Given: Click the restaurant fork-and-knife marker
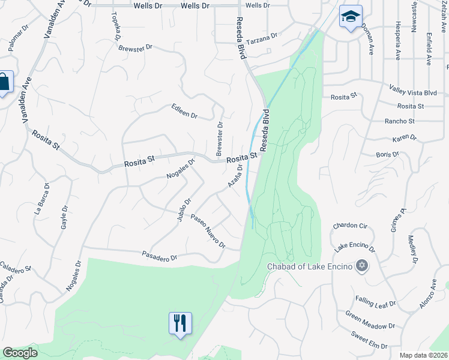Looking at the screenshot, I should point(180,323).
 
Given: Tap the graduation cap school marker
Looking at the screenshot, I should point(351,17).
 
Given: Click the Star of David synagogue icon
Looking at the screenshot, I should point(361,265).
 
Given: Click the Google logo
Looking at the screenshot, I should point(20,353).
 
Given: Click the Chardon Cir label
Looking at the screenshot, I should point(349,226).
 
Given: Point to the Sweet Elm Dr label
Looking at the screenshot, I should point(369,341).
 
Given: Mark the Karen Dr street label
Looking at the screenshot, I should point(404,138).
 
